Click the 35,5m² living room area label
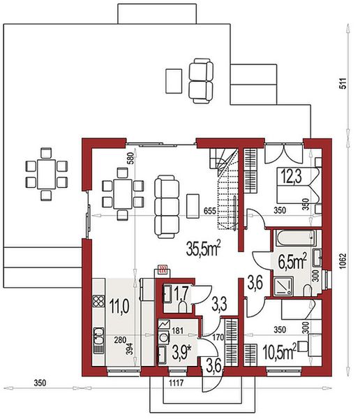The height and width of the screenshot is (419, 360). point(204,249)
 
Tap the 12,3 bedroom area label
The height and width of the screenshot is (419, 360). point(292,177)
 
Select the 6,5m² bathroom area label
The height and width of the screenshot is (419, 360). point(292,262)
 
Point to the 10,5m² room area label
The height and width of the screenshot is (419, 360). point(280,352)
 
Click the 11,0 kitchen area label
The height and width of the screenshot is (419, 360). point(119,307)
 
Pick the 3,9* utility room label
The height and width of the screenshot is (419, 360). point(183,352)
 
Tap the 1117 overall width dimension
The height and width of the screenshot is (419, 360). point(177,383)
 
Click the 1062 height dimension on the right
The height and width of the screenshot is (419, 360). point(343,261)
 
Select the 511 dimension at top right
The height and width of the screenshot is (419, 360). point(343,83)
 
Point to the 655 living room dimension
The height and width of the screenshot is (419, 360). point(209,211)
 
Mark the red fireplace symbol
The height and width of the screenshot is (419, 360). point(163,269)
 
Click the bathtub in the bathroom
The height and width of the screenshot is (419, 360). point(295,238)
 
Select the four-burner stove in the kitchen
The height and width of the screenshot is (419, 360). point(98,301)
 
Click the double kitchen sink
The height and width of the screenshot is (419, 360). point(98,336)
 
